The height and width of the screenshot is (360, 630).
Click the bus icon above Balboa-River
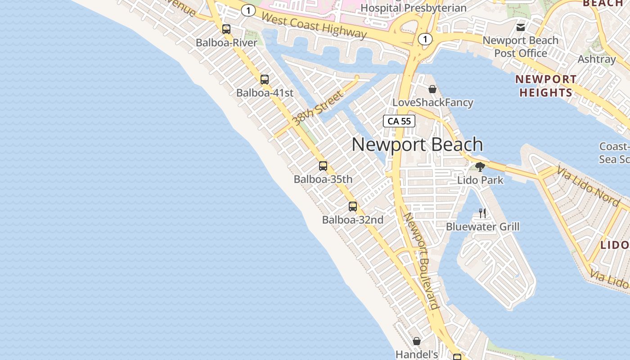pyautogui.click(x=226, y=29)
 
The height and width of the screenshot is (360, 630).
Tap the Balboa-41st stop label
pyautogui.click(x=265, y=93)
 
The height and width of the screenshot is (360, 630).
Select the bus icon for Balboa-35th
pyautogui.click(x=323, y=166)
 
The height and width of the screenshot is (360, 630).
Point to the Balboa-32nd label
pyautogui.click(x=353, y=220)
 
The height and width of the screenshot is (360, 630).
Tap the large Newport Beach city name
pyautogui.click(x=417, y=144)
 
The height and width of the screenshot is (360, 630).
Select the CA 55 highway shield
pyautogui.click(x=399, y=121)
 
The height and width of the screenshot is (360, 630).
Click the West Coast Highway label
pyautogui.click(x=314, y=26)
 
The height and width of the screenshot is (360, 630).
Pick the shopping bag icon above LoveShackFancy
pyautogui.click(x=432, y=89)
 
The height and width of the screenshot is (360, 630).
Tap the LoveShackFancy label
pyautogui.click(x=433, y=103)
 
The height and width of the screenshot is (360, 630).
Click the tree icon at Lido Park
pyautogui.click(x=480, y=167)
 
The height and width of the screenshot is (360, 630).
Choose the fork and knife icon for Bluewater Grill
pyautogui.click(x=482, y=213)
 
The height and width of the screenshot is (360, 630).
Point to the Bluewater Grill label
pyautogui.click(x=482, y=227)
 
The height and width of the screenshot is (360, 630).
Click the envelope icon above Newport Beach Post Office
pyautogui.click(x=521, y=27)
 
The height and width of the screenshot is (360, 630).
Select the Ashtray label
pyautogui.click(x=597, y=59)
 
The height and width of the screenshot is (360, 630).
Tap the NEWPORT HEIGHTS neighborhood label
pyautogui.click(x=546, y=86)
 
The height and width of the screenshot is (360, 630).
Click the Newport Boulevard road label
pyautogui.click(x=421, y=261)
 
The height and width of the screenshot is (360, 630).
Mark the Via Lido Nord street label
pyautogui.click(x=588, y=186)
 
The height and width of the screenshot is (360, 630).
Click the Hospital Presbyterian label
pyautogui.click(x=413, y=8)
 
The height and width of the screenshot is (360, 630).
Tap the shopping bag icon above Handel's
pyautogui.click(x=417, y=341)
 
